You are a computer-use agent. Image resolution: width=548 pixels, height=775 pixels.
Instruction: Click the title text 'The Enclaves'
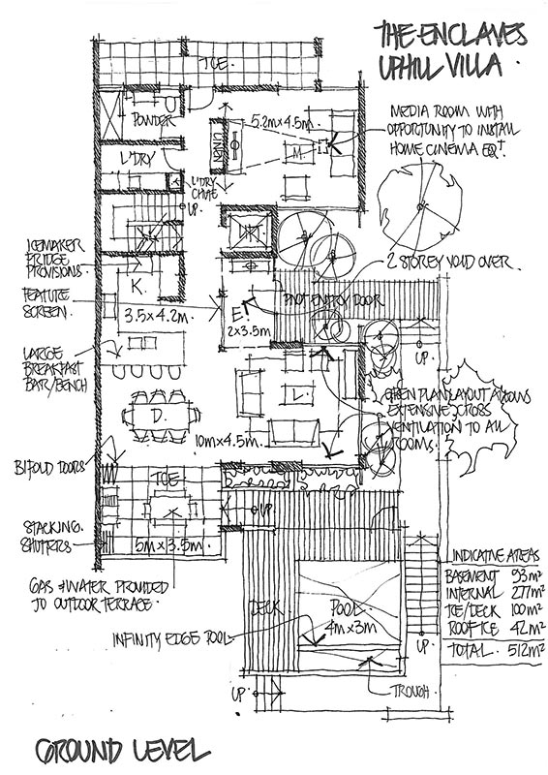pos(450,36)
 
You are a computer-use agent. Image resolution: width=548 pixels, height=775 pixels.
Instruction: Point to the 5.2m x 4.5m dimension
pos(282,122)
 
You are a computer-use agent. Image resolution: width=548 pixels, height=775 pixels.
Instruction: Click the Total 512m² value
pos(494,650)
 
